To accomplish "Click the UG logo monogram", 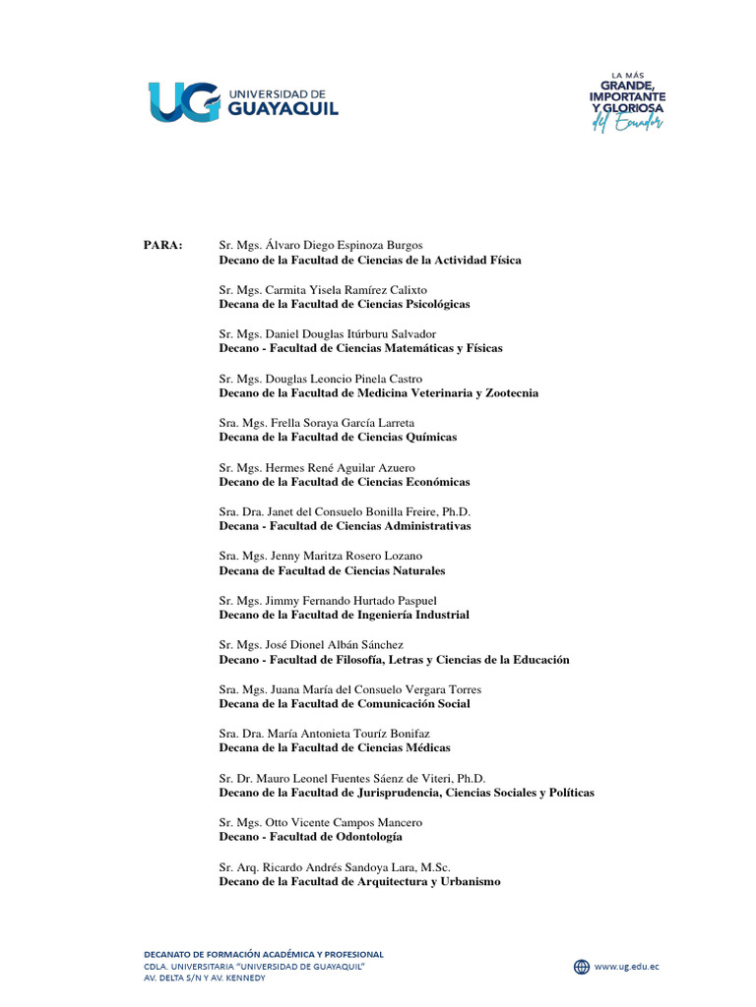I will click(184, 102).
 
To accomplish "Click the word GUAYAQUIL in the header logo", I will click(283, 108).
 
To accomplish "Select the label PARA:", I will click(162, 245).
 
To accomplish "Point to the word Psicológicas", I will click(434, 304).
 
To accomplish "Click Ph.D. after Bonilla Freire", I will click(456, 511).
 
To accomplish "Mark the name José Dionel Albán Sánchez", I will click(334, 644).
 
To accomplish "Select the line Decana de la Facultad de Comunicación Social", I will click(345, 703).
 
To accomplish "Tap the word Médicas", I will click(423, 747).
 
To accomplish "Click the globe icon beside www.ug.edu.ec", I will click(582, 966).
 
